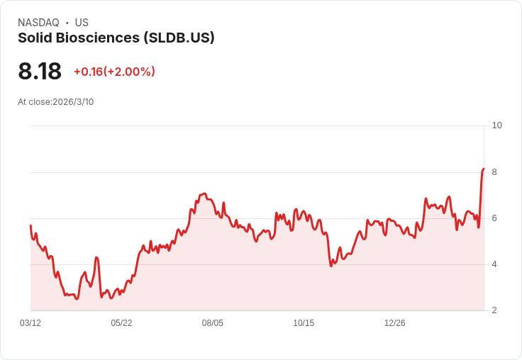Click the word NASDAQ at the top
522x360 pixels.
tap(38, 23)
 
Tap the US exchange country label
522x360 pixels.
tap(82, 23)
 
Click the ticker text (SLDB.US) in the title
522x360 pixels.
tap(179, 38)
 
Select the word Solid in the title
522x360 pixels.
tap(35, 38)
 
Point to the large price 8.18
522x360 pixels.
tap(40, 71)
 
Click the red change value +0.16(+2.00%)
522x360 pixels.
tap(114, 72)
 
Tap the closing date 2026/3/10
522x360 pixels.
tap(73, 102)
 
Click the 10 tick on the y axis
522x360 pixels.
tap(496, 125)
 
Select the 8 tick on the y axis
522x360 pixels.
tap(494, 172)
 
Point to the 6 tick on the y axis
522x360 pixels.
tap(494, 218)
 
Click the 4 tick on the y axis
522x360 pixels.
tap(494, 264)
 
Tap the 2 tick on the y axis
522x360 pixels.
tap(494, 310)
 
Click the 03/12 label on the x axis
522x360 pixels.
tap(30, 323)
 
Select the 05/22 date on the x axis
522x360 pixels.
tap(121, 323)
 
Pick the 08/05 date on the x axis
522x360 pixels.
tap(212, 323)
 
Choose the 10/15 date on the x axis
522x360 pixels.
tap(304, 323)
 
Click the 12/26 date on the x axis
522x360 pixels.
tap(395, 323)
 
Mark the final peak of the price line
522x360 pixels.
tap(484, 169)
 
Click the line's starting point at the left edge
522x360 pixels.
tap(30, 225)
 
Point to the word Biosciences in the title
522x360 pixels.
tap(98, 38)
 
